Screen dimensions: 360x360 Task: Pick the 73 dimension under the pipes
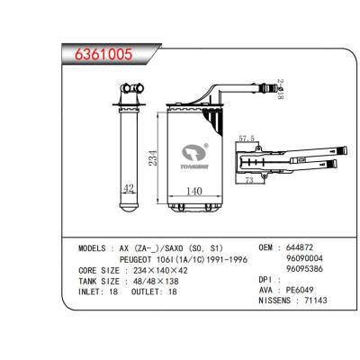[250, 183]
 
